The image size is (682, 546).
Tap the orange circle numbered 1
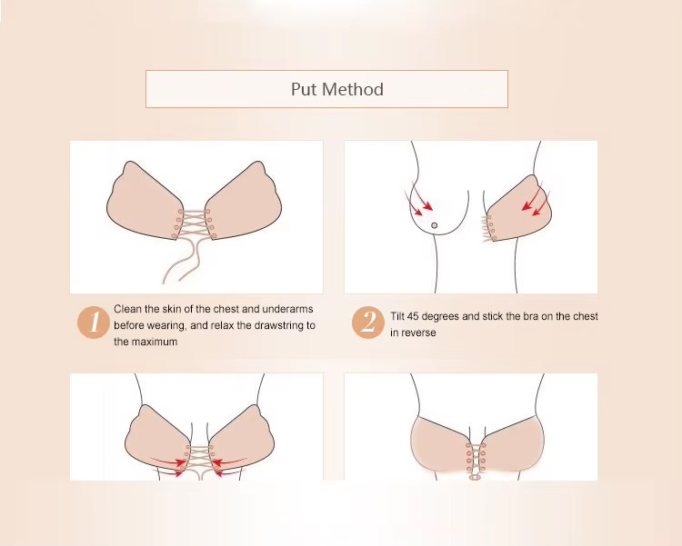coord(93,323)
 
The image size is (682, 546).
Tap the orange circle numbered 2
coord(368,323)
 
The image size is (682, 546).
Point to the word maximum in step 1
coord(155,342)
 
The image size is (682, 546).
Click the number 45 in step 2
coord(414,316)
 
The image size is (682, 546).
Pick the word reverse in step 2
coord(418,333)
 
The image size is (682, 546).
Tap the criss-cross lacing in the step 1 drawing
coord(194,223)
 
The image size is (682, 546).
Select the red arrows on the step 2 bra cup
coord(535,201)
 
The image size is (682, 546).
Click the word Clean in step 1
coord(127,309)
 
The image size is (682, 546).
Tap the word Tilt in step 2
coord(397,316)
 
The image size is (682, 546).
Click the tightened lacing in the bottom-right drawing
coord(476,460)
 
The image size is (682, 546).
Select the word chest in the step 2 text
coord(585,316)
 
